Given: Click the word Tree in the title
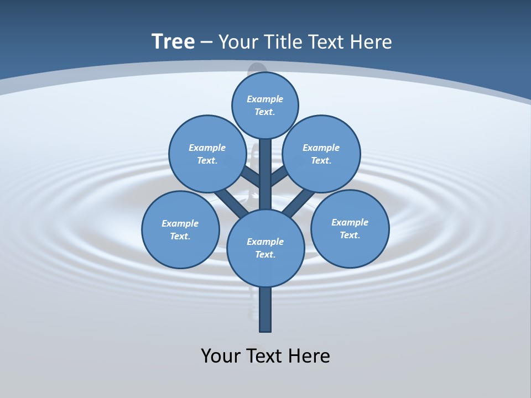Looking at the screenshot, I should tap(173, 42).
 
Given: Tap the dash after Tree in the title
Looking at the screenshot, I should tap(206, 43).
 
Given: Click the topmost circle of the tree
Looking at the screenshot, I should tap(265, 105).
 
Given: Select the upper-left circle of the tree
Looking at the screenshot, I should tap(207, 154).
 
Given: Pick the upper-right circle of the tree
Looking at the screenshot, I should tap(321, 154).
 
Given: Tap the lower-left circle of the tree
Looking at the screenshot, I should tap(180, 229).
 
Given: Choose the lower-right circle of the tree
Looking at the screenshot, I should tap(350, 229).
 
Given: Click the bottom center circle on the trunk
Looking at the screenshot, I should tap(265, 248).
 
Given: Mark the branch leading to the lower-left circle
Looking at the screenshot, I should tap(228, 202).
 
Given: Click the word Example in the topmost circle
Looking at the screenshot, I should tap(265, 99).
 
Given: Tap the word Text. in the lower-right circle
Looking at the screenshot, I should tap(350, 235).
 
